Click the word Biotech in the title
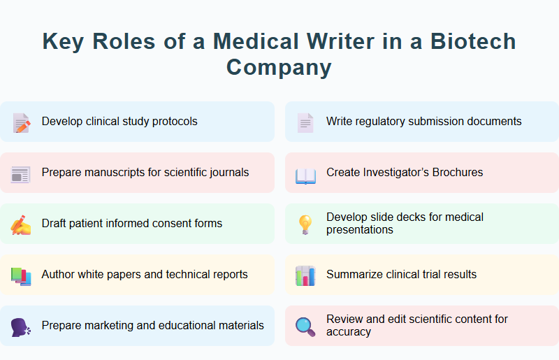[473, 41]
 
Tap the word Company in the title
[279, 67]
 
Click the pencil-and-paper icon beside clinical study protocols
[22, 123]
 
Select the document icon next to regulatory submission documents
[305, 123]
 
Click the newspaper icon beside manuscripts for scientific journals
[21, 174]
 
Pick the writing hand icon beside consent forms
[21, 225]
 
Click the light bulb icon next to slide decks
[305, 224]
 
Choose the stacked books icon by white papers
[21, 276]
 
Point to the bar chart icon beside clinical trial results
[305, 276]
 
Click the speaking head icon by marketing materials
[21, 327]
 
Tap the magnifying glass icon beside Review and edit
[305, 326]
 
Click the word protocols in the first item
[175, 122]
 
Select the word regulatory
[378, 122]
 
